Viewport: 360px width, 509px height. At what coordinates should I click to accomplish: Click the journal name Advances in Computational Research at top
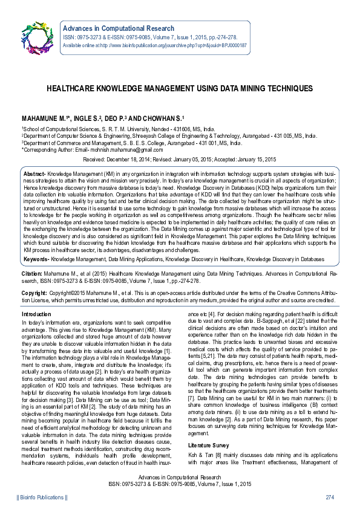tap(119, 28)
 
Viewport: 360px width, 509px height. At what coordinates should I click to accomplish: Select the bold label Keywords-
tap(36, 259)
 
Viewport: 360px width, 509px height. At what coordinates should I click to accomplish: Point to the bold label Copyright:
tap(34, 292)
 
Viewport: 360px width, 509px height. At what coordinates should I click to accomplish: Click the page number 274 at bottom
tap(330, 497)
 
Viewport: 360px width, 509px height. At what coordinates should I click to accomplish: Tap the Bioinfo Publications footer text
tap(42, 497)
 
